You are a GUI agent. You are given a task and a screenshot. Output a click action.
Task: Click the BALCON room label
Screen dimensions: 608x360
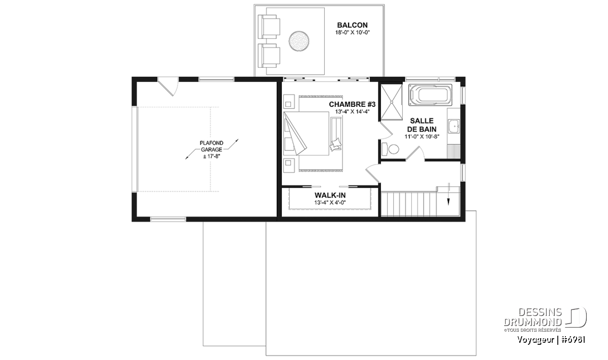click(x=352, y=25)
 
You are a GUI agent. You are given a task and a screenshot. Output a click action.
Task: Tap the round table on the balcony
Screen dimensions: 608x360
click(x=299, y=41)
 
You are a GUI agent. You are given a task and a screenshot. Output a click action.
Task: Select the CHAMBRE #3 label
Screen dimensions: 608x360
click(x=352, y=104)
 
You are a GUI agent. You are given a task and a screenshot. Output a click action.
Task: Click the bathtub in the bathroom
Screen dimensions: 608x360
click(x=431, y=95)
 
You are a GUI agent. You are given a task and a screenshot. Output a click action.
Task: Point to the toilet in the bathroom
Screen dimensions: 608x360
click(x=390, y=149)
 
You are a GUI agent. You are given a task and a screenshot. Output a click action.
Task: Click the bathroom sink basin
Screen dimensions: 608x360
click(x=453, y=126)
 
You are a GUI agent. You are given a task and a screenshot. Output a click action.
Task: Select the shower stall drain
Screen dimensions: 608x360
click(x=391, y=102)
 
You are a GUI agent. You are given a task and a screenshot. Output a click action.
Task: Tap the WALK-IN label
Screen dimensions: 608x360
click(x=330, y=195)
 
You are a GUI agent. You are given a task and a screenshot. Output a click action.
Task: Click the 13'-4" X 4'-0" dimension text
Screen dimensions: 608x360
click(x=330, y=203)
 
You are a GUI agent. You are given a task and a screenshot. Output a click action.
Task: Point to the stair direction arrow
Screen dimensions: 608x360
click(x=448, y=194)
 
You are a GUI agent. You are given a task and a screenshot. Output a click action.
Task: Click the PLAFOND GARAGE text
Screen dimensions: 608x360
click(x=211, y=146)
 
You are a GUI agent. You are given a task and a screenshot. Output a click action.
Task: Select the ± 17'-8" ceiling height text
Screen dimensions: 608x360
click(x=211, y=156)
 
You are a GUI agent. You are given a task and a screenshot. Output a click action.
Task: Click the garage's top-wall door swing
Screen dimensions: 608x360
click(x=168, y=86)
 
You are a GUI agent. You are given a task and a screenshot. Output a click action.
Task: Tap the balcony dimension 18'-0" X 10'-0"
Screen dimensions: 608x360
click(x=353, y=32)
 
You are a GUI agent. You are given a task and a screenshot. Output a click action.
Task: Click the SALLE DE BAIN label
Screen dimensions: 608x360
click(x=422, y=125)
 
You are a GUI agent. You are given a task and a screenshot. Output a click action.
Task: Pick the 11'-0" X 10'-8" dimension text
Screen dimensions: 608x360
click(x=422, y=137)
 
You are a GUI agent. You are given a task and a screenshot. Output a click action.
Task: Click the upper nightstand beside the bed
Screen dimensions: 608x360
click(x=289, y=101)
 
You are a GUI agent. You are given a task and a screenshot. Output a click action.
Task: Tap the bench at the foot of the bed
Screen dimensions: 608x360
click(x=336, y=134)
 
